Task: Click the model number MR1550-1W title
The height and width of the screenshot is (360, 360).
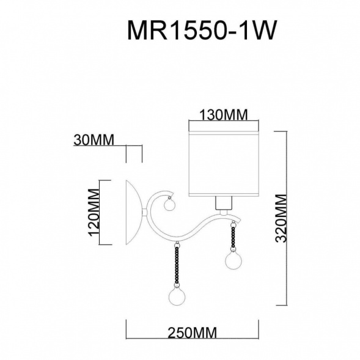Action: click(x=197, y=30)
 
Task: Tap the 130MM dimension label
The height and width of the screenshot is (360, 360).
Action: click(x=224, y=115)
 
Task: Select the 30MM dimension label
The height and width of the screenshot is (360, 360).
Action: click(x=93, y=140)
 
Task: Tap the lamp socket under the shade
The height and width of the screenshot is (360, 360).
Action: click(x=224, y=204)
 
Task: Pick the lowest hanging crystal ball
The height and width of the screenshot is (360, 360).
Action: click(x=177, y=298)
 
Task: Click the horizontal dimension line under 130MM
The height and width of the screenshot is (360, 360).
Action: click(x=224, y=127)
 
